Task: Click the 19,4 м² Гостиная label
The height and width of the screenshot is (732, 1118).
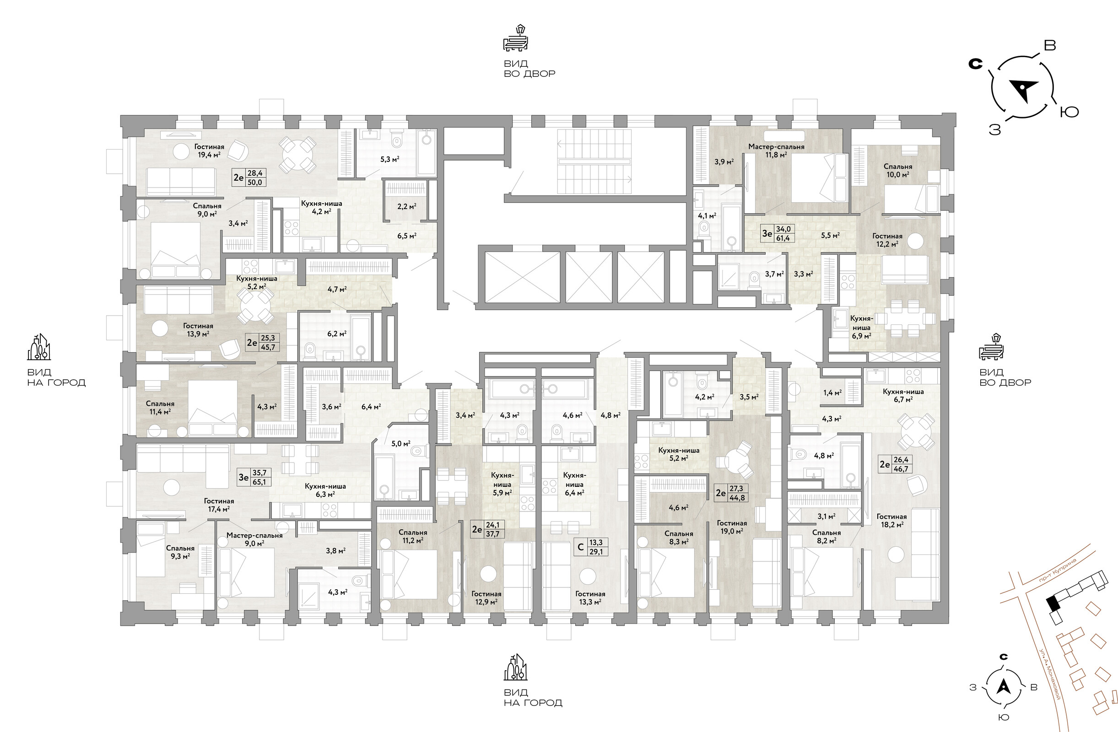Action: click(x=209, y=150)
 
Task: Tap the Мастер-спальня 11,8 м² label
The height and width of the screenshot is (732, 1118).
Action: click(x=776, y=150)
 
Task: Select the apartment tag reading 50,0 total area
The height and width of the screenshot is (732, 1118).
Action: click(x=249, y=178)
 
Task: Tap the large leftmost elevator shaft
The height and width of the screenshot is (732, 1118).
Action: click(x=522, y=278)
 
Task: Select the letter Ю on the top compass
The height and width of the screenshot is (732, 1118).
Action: click(x=1069, y=112)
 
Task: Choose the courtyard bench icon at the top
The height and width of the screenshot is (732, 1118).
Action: click(x=516, y=38)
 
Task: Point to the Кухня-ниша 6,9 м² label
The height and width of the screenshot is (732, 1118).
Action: click(x=862, y=327)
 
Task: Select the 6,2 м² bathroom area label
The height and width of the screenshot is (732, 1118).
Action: click(x=337, y=334)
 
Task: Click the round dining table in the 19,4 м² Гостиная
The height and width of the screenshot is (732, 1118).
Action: click(x=298, y=155)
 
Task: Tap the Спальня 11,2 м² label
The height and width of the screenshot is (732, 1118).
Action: click(x=412, y=536)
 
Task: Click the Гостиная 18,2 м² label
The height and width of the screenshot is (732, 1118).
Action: click(x=891, y=520)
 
